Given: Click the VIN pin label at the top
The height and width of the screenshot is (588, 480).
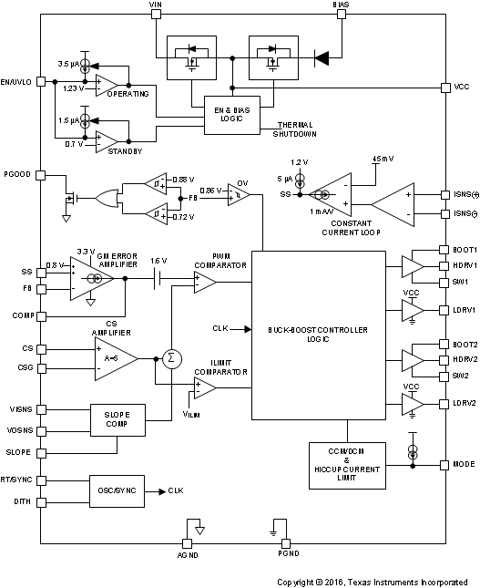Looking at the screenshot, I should (154, 5).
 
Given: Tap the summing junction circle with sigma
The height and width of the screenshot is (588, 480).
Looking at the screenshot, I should (169, 356).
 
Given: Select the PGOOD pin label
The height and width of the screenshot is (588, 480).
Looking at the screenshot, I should (17, 172).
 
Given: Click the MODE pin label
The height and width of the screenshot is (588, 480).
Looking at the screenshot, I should (464, 464).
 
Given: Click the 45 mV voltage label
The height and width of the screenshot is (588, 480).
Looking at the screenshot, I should (383, 159).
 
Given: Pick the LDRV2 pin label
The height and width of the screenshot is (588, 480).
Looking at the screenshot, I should (464, 402).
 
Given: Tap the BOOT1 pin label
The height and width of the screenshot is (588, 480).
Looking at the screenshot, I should (464, 250).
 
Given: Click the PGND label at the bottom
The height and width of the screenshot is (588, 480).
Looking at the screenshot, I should (287, 552).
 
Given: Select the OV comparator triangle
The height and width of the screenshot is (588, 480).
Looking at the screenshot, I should (238, 194).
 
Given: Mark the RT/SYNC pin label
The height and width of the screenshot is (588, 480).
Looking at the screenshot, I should (17, 477).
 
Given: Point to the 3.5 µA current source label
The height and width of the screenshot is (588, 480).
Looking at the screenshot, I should (69, 65).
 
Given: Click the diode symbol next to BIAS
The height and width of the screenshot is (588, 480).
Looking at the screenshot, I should (321, 58).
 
